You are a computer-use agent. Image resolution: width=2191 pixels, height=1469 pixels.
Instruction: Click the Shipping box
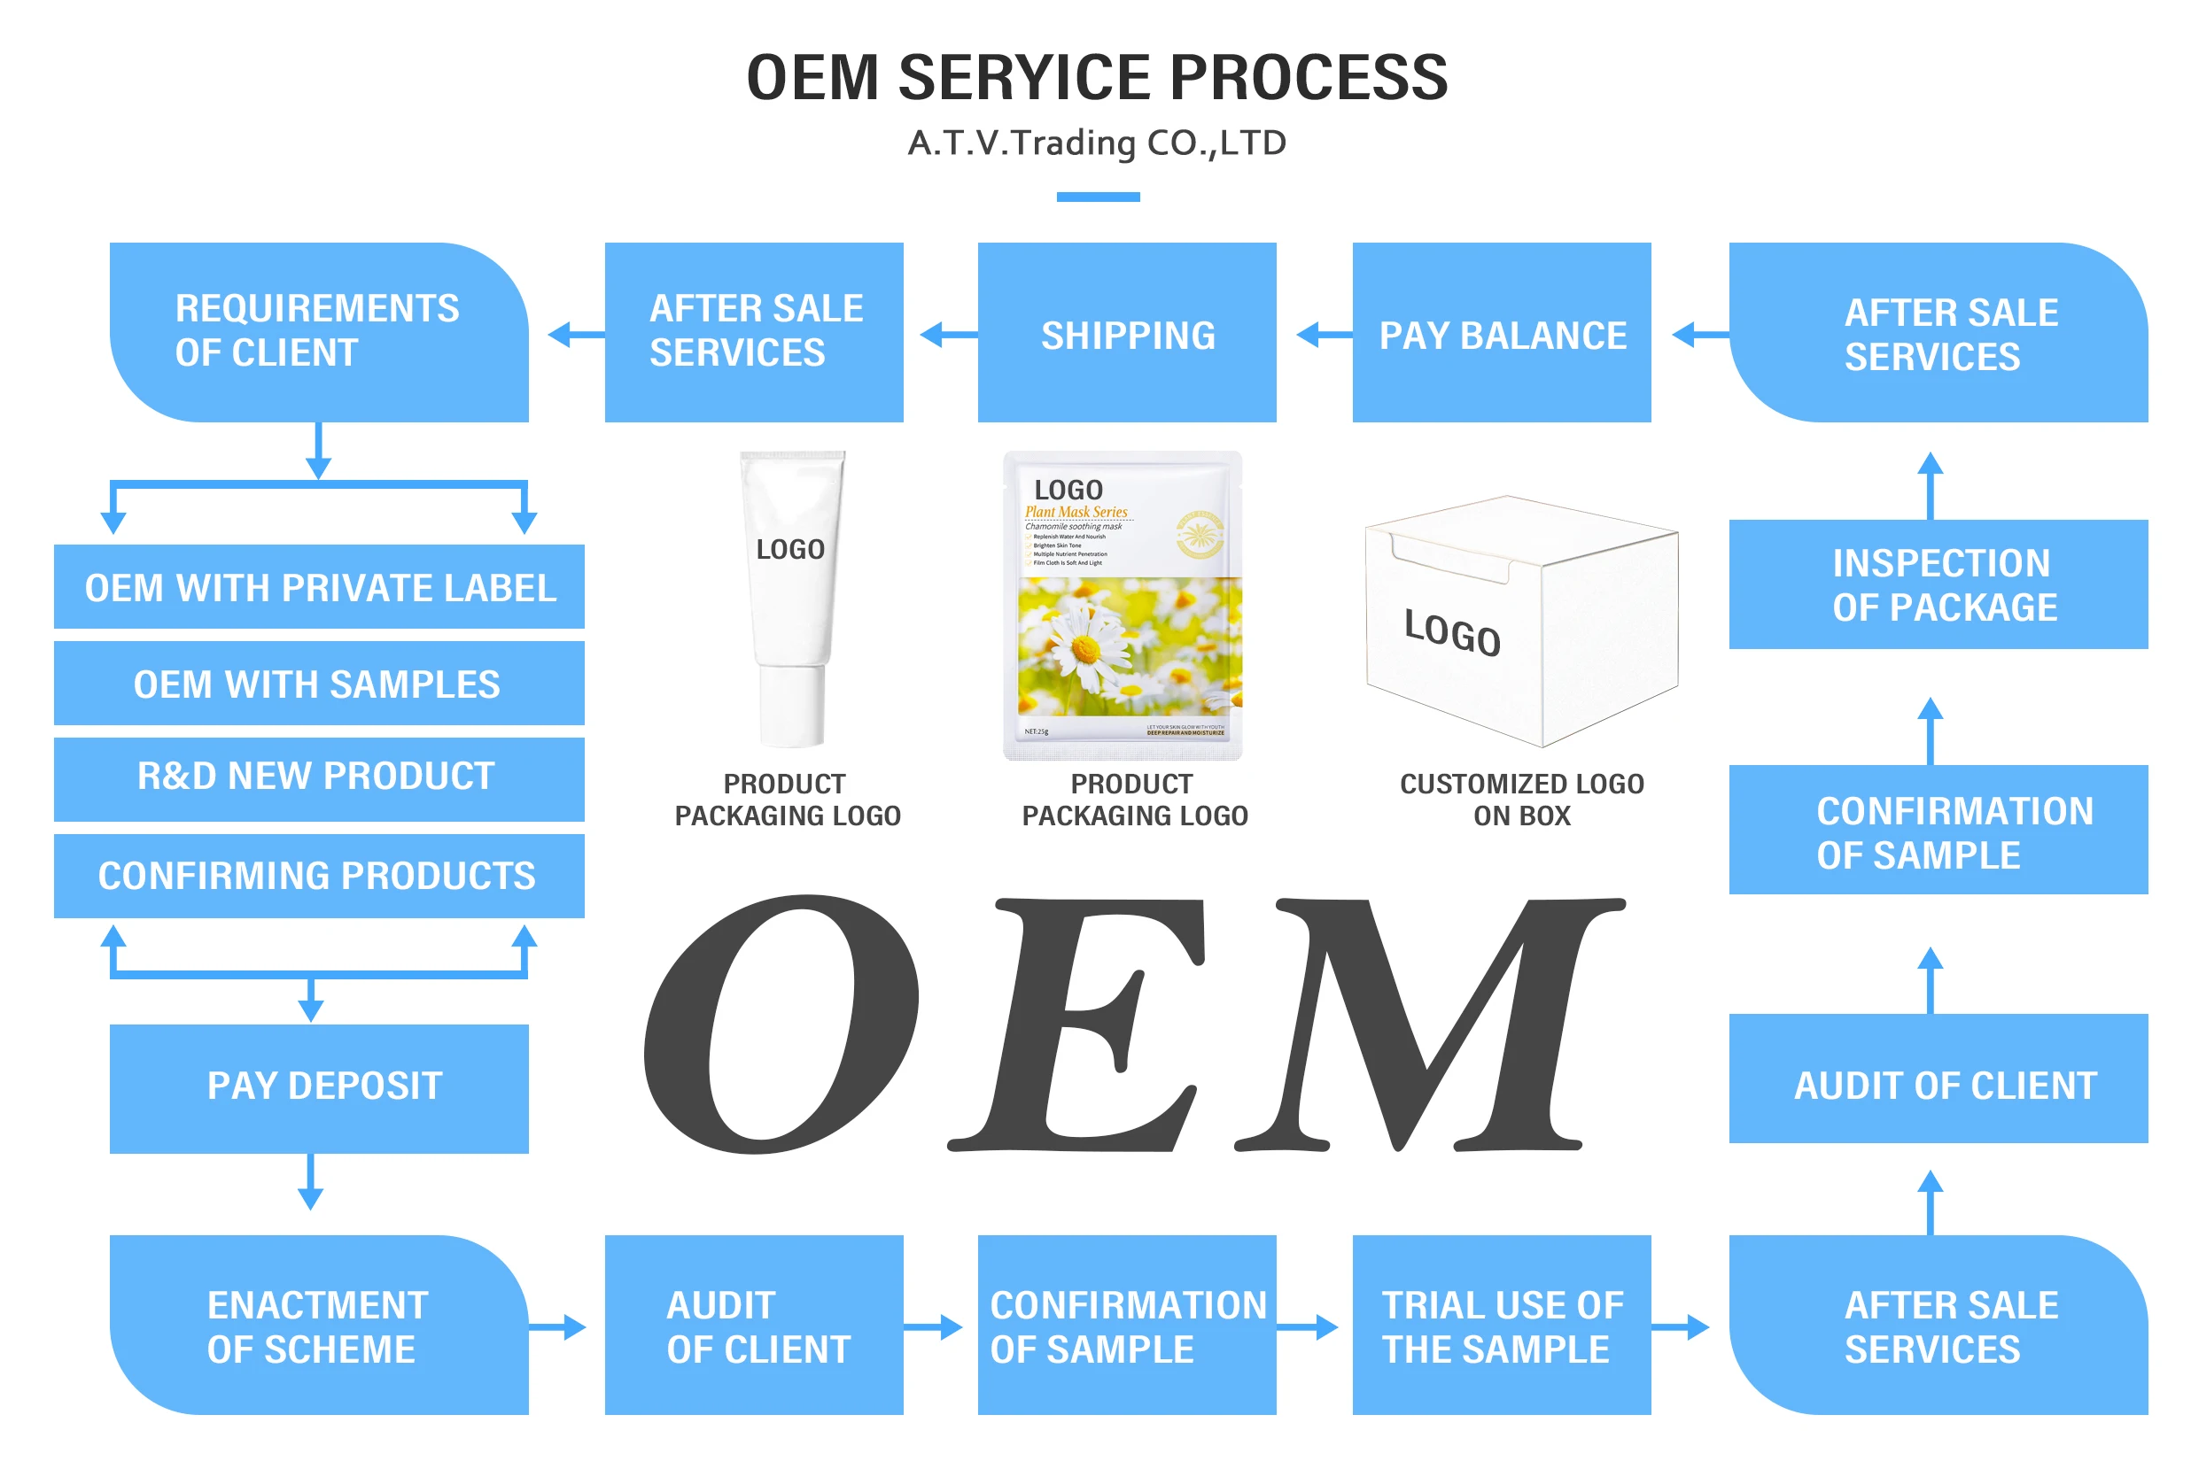1125,333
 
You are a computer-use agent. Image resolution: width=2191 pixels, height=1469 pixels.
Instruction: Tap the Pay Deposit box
319,1087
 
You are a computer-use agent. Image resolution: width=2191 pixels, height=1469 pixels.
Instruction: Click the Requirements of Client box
319,332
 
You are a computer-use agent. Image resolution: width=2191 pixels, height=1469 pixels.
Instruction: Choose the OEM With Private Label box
319,586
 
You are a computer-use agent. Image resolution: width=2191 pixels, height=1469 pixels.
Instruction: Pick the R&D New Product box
319,777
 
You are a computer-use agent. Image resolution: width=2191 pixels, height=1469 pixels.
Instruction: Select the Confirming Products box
319,875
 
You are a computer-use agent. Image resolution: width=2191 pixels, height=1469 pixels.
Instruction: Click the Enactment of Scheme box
319,1325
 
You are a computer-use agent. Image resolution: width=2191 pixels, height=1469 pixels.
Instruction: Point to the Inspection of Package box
1937,584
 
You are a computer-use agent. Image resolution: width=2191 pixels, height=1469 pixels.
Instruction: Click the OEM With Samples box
319,683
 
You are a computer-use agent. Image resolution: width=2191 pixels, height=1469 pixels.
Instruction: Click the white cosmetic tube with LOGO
792,599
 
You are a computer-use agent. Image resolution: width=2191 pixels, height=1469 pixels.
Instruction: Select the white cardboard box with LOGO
1519,623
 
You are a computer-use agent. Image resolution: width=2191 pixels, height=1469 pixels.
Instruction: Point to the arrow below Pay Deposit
310,1182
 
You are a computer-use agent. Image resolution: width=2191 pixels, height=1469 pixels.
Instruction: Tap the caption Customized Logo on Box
1520,800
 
